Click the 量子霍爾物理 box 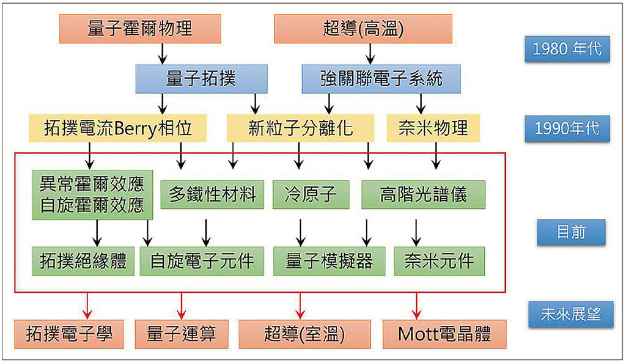coord(140,29)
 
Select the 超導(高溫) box coord(363,29)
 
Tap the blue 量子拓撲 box coord(201,79)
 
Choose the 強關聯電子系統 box coord(381,79)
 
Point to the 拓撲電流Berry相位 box coord(119,128)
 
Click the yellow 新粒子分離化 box coord(301,128)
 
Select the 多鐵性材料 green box coord(212,195)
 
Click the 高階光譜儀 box coord(423,195)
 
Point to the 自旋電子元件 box coord(201,261)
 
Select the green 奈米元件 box coord(439,261)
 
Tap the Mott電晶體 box coord(444,334)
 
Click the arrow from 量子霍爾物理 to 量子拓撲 coord(162,54)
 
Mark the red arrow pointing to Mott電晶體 coord(417,303)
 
